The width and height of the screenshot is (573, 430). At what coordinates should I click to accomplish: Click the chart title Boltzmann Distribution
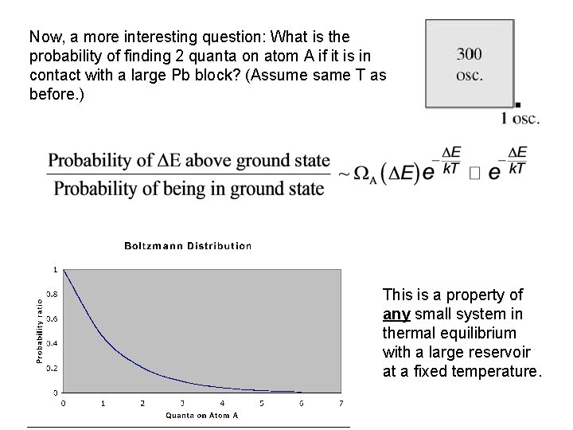point(188,245)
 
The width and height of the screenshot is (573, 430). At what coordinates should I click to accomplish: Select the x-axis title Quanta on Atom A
point(202,415)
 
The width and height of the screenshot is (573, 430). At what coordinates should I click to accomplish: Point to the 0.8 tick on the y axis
point(52,294)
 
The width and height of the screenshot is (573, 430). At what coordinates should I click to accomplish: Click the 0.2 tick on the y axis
point(52,368)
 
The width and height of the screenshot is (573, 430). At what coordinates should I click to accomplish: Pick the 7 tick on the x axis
point(341,402)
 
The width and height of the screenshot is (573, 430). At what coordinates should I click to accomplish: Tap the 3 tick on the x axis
point(182,402)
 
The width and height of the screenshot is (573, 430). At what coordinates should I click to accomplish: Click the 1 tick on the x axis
point(103,402)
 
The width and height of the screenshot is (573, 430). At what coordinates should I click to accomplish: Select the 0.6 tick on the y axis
point(52,319)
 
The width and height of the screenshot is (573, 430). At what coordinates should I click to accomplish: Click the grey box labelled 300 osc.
point(470,64)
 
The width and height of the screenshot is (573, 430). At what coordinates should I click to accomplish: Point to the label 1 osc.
point(520,119)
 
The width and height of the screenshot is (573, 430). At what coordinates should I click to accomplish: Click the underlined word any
point(395,313)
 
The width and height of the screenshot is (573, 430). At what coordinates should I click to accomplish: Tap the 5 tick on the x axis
point(261,402)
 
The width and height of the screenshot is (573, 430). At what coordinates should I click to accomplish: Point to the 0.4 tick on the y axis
point(52,343)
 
